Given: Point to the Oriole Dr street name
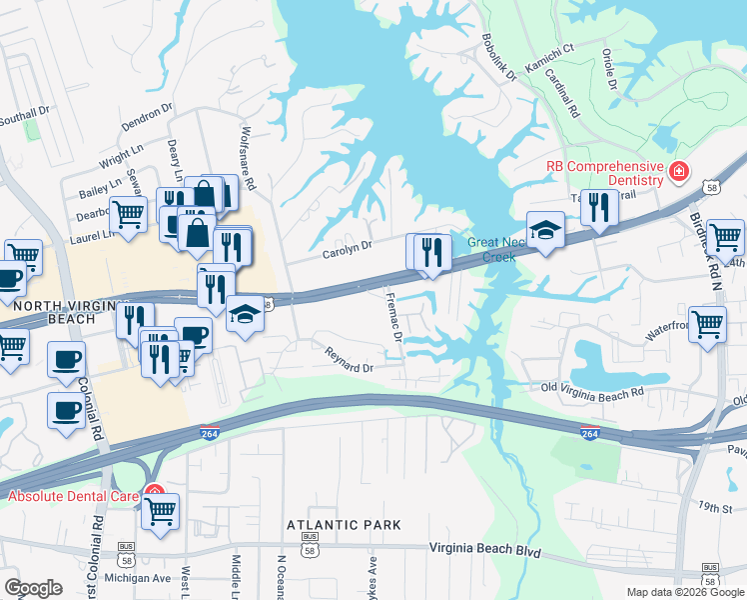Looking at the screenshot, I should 610,64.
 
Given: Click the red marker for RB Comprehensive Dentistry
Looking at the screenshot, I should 678,172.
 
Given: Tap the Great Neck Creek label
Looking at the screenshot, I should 492,249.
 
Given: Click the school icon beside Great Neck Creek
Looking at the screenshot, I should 545,231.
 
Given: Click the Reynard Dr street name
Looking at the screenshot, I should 348,361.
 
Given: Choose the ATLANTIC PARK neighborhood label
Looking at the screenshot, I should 344,525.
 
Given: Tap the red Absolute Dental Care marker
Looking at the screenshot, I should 153,492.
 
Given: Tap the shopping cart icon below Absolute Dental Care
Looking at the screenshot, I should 160,511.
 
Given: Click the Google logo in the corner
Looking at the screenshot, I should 33,588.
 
